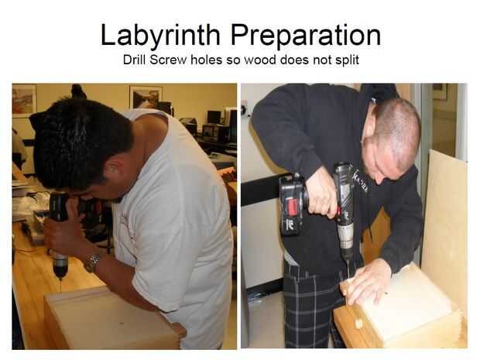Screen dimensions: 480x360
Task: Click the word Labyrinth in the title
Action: pyautogui.click(x=160, y=36)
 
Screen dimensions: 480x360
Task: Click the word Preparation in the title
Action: pyautogui.click(x=306, y=36)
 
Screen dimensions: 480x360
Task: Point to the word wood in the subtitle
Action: pyautogui.click(x=260, y=60)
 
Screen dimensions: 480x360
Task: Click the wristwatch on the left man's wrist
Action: pyautogui.click(x=92, y=263)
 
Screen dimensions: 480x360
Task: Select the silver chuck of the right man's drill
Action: pyautogui.click(x=346, y=237)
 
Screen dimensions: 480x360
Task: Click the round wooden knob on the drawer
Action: pyautogui.click(x=358, y=324)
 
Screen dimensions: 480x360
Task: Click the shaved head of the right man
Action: pyautogui.click(x=396, y=129)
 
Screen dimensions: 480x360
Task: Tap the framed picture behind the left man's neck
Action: pyautogui.click(x=146, y=97)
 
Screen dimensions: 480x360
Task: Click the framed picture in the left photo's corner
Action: pyautogui.click(x=25, y=101)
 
